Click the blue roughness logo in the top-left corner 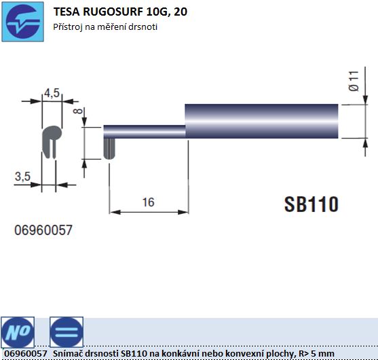coord(22,22)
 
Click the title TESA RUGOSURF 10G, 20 coord(120,12)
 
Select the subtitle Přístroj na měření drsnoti coord(105,26)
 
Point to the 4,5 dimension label coord(52,93)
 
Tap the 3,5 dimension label coord(22,176)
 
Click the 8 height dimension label coord(78,111)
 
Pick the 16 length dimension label coord(148,202)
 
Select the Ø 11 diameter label coord(354,81)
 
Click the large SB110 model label coord(311,204)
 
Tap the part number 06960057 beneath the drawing coord(43,230)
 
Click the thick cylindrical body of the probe coord(261,121)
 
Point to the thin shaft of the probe coord(145,132)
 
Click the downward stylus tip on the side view coord(109,149)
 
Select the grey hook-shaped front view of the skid coord(51,142)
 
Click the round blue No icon coord(18,332)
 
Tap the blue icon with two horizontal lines coord(67,332)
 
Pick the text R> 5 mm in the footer coord(316,354)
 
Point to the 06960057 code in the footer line coord(26,354)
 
